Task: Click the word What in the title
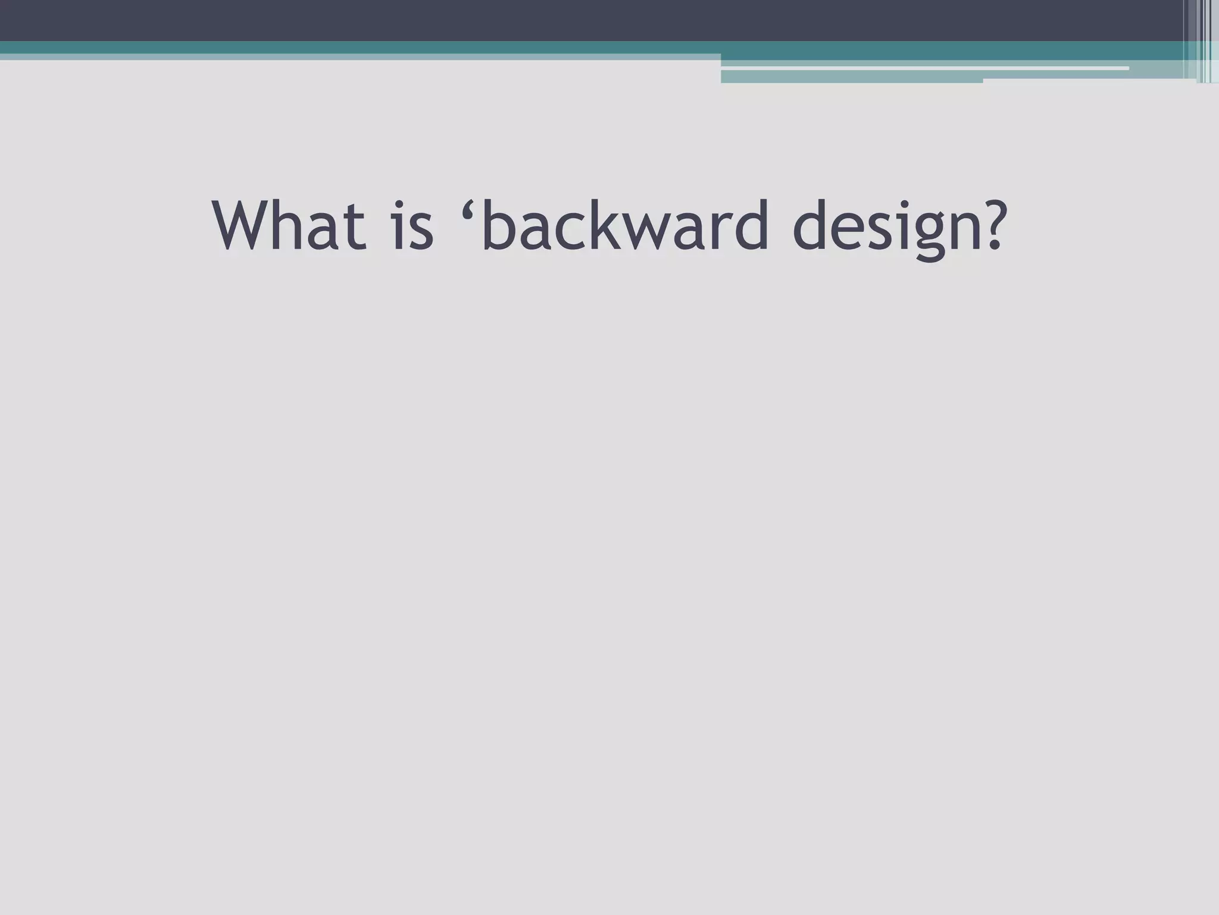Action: [x=289, y=226]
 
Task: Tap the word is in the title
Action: [x=412, y=226]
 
